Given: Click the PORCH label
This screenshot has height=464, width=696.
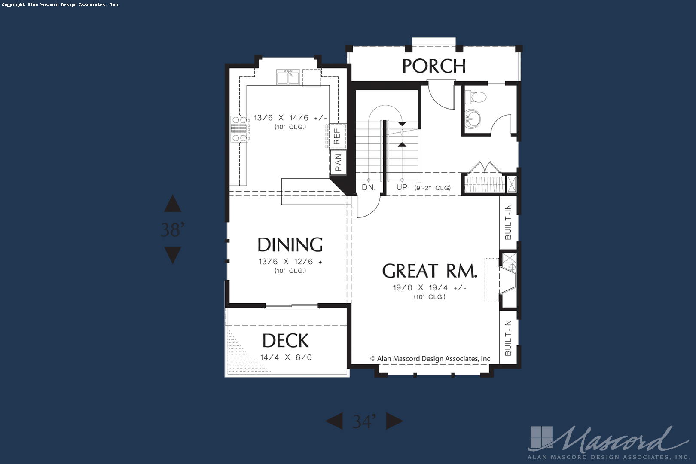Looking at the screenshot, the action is pos(434,66).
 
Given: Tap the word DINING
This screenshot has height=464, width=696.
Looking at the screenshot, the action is pos(290,244).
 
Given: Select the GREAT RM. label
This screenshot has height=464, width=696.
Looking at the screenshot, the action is pos(430,271).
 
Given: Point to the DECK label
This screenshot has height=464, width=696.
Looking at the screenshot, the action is pos(286,341).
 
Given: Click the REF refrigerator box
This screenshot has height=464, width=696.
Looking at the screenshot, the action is pos(337,137).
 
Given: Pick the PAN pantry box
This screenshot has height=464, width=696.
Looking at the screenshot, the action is pos(338,162).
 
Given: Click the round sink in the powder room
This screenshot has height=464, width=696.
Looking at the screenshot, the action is pos(473,119).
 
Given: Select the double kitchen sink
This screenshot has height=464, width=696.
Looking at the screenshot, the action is pos(288,77).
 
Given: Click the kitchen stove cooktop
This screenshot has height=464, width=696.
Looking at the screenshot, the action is pos(239,128).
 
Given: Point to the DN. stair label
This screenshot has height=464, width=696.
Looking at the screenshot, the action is pos(369,187).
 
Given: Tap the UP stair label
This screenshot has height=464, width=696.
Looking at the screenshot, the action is pos(402,187).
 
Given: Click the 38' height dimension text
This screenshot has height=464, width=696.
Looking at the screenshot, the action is pos(173,230).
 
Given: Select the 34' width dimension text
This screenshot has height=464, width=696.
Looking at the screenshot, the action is pos(364,421).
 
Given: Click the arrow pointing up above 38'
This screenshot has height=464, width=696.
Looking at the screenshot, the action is pos(173,204).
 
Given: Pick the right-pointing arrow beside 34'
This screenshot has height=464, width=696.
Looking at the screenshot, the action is pos(394,421).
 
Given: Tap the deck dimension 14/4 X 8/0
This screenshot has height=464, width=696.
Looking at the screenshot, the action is pos(286,357).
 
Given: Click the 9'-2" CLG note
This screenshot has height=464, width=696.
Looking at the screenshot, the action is pos(433,188).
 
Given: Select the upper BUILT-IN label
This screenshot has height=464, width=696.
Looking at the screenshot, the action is pos(508,222).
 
